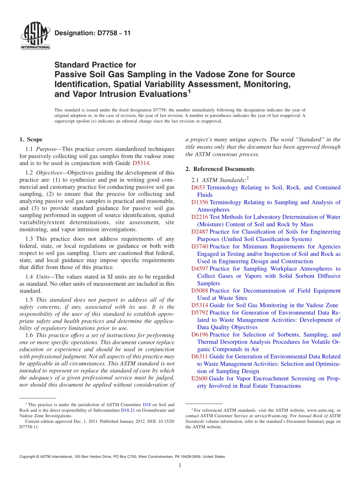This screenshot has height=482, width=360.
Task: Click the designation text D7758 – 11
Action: (92, 33)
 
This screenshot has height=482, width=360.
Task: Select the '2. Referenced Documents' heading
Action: (220, 169)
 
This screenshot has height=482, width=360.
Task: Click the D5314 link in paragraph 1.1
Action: (141, 163)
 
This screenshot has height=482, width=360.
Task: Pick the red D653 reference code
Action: (199, 188)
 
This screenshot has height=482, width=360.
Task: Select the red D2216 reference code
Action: (200, 217)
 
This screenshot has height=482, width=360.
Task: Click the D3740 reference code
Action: (200, 247)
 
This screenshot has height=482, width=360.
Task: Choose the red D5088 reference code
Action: (200, 291)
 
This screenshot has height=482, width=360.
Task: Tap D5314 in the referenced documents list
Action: (200, 305)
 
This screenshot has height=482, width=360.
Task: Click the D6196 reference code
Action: (200, 335)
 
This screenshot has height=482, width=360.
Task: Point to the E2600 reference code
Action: (199, 379)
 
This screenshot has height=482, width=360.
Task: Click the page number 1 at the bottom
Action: (180, 465)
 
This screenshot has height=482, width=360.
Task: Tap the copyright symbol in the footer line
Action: (34, 457)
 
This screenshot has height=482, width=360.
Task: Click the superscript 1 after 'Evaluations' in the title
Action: (189, 91)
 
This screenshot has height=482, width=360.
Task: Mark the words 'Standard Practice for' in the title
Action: (95, 65)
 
